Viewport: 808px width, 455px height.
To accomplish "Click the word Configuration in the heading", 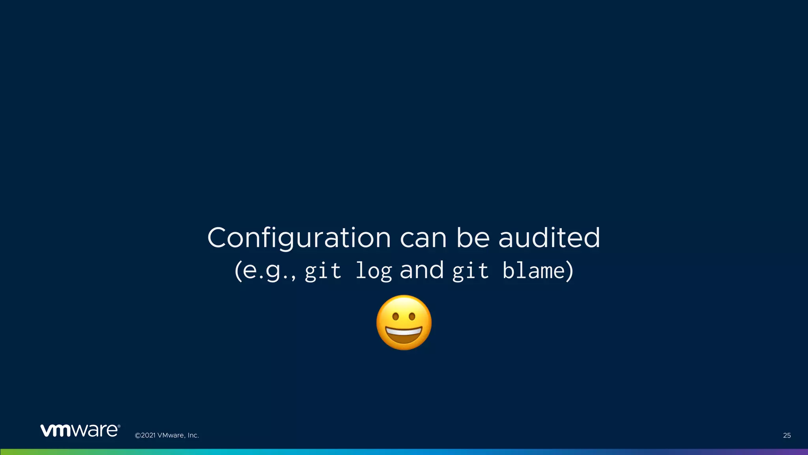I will pos(299,238).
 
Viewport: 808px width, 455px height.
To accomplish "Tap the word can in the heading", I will pos(423,238).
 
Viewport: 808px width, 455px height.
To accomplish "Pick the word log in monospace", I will pos(374,271).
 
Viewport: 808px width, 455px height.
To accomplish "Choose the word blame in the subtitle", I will pos(534,271).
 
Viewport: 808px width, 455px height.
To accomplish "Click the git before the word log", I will pos(323,271).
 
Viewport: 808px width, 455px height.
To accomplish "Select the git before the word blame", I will pos(470,271).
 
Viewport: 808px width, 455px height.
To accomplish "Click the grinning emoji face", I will pos(404,322).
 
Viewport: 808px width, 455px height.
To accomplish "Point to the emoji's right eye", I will pos(412,316).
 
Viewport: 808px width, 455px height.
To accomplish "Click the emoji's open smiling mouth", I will pos(404,335).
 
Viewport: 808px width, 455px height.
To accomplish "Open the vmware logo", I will pos(79,430).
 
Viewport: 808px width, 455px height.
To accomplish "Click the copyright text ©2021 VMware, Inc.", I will pos(167,435).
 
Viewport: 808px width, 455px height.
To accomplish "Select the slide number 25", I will pos(787,435).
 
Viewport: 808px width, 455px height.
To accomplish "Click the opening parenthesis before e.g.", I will pos(238,271).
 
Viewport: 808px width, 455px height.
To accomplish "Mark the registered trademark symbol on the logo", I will pos(119,426).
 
